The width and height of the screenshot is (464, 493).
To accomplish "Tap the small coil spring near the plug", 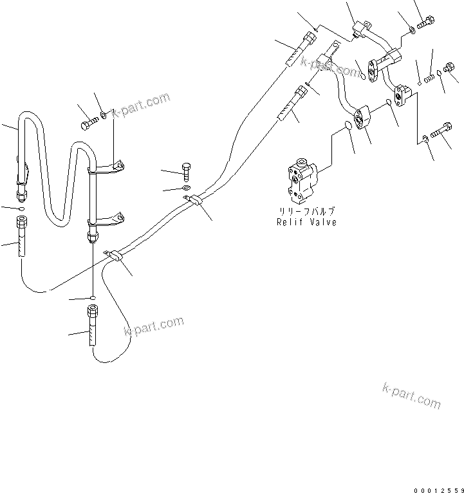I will (429, 78).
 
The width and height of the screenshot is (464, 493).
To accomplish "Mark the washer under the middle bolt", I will (186, 188).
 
